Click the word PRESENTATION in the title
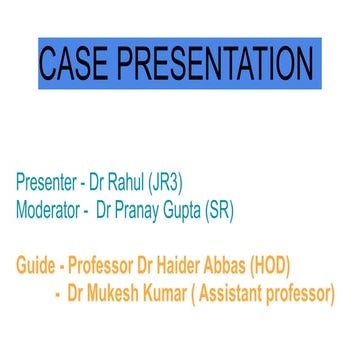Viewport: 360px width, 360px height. click(x=221, y=63)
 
